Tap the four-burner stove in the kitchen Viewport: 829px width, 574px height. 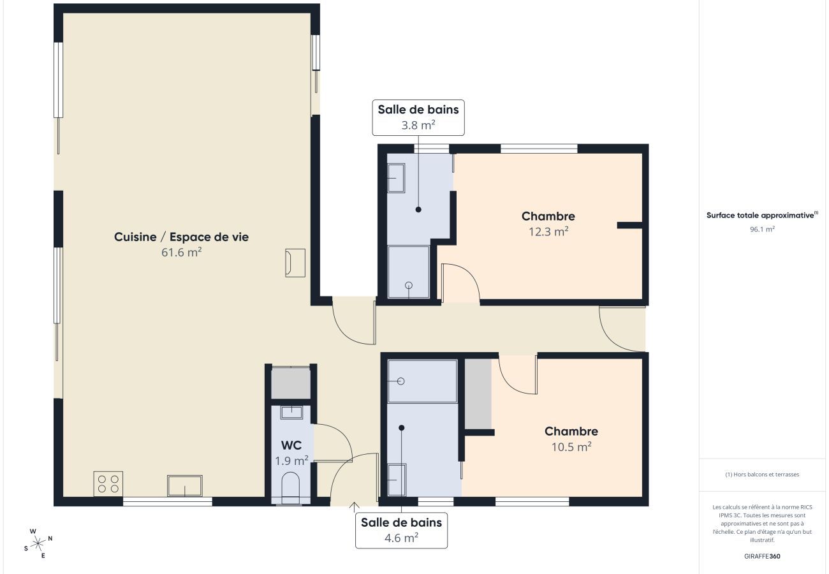pos(108,483)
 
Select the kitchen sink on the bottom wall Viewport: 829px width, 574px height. pos(184,485)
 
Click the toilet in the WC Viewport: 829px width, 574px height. pos(290,487)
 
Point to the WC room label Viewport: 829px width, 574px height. pos(291,445)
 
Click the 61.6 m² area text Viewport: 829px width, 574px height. pos(181,253)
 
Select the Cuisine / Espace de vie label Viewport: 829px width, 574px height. pos(181,237)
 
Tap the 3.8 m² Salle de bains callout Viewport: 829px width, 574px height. pos(418,117)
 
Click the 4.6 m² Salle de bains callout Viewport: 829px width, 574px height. pos(401,530)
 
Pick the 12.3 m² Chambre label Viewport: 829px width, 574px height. pos(548,224)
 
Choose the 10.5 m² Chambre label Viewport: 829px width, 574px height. pos(571,439)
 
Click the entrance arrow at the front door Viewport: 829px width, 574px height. pos(355,507)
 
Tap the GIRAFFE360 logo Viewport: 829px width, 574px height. pos(762,556)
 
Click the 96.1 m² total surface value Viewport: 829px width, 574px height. pos(762,229)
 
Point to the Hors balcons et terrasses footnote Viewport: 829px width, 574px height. pos(762,475)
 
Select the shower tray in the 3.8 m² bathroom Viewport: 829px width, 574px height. pos(409,272)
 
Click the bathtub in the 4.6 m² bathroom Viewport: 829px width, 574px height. pos(422,381)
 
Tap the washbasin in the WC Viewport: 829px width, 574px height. pos(291,412)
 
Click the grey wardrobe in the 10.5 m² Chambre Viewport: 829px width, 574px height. pos(478,394)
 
